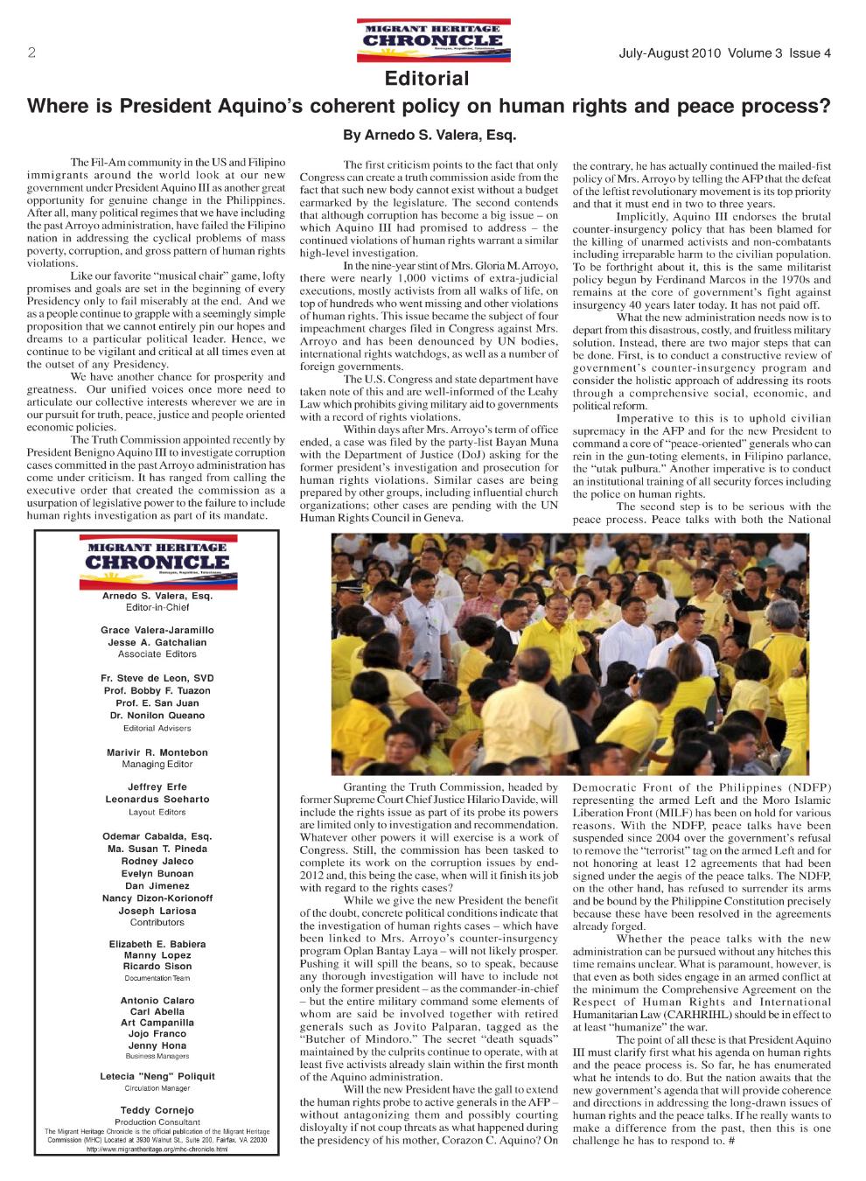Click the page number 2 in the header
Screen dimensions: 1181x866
[x=31, y=52]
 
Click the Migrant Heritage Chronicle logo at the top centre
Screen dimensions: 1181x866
[x=433, y=39]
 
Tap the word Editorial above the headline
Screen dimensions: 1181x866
[x=427, y=80]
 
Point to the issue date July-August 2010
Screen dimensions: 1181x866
[x=669, y=53]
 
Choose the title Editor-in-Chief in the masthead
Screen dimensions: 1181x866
[x=157, y=607]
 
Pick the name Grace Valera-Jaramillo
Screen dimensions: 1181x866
[x=157, y=630]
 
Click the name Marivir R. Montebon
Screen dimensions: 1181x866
[x=157, y=752]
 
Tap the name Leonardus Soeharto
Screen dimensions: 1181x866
[x=157, y=799]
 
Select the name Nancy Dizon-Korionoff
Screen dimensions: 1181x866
[x=157, y=898]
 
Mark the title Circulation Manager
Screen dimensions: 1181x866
[x=157, y=1088]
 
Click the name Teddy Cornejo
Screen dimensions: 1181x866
[x=157, y=1110]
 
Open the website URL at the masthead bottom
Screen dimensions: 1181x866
[x=157, y=1149]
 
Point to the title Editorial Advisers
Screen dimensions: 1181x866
[x=157, y=728]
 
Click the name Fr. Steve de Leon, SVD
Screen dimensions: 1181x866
[x=157, y=678]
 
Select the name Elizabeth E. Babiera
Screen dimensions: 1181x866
[x=157, y=944]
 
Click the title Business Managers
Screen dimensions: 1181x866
[x=157, y=1056]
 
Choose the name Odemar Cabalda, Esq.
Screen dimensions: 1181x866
[x=157, y=836]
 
